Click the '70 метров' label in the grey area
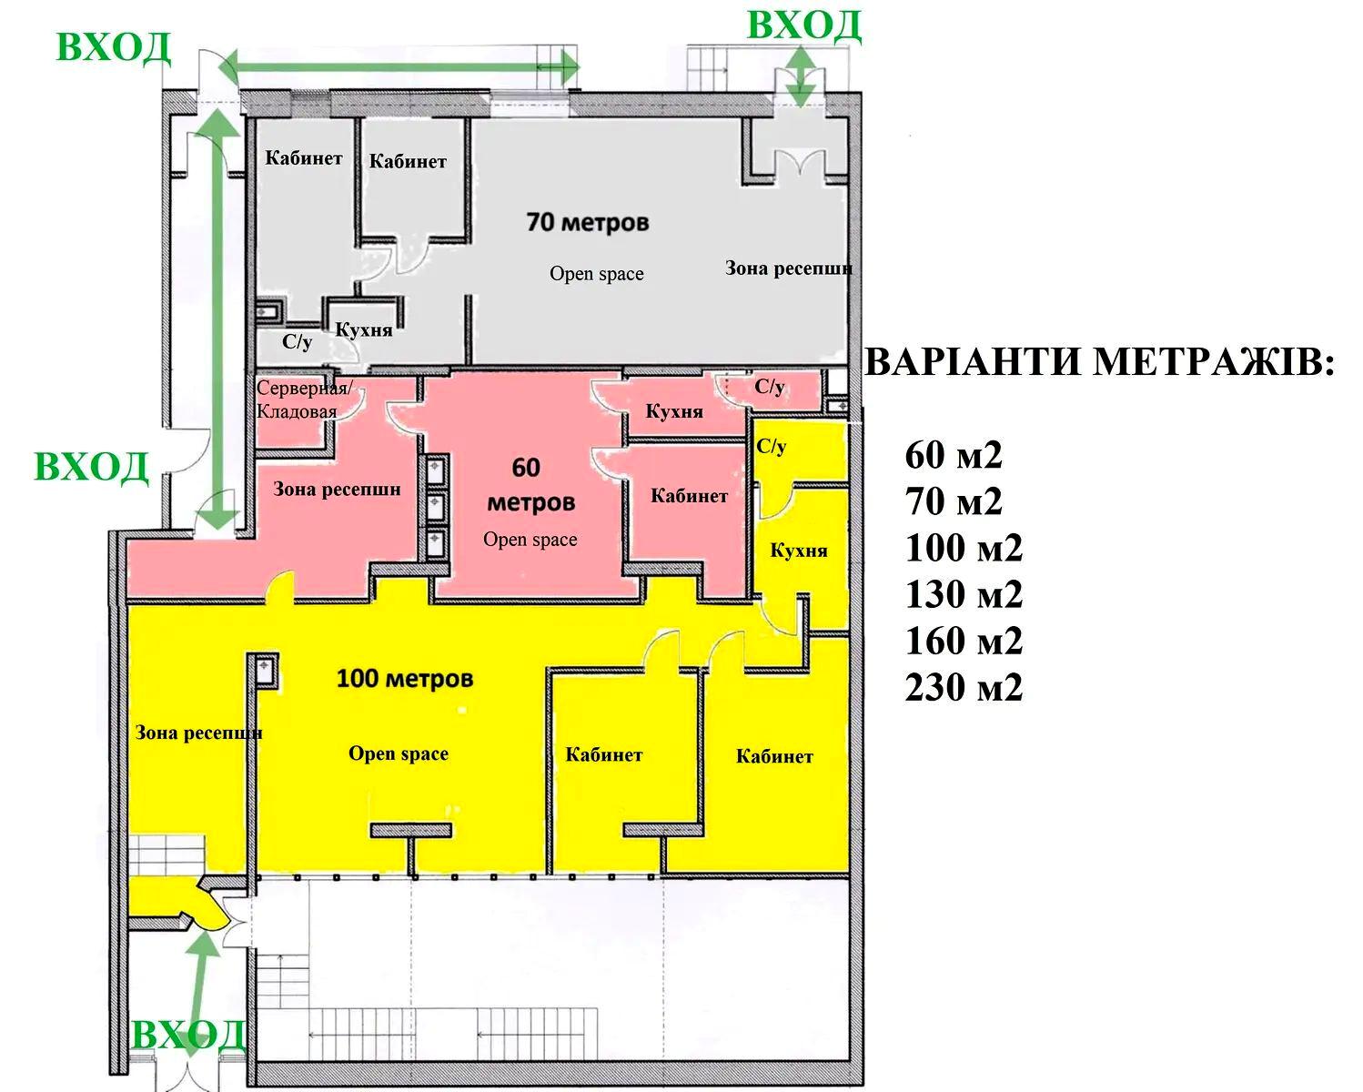click(x=587, y=222)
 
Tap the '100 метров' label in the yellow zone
click(x=405, y=679)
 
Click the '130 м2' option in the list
click(x=964, y=595)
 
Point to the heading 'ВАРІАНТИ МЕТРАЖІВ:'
click(x=1099, y=363)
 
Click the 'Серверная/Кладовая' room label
click(x=303, y=399)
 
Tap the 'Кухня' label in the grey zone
click(x=364, y=329)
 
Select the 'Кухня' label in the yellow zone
click(x=799, y=551)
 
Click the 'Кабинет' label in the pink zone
click(x=689, y=496)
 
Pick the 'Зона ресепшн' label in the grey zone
click(x=788, y=268)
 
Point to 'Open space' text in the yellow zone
click(x=399, y=753)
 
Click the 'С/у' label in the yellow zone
click(x=771, y=447)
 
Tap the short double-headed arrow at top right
click(x=801, y=77)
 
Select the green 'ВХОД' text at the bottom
click(x=189, y=1036)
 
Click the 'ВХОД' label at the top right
click(x=803, y=25)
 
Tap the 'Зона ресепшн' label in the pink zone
click(x=337, y=490)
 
